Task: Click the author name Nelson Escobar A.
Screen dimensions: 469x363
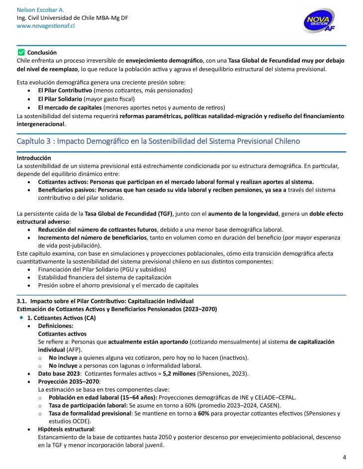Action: pyautogui.click(x=40, y=10)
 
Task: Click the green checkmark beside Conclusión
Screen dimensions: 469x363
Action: pyautogui.click(x=20, y=52)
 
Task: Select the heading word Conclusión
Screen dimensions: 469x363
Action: pyautogui.click(x=42, y=52)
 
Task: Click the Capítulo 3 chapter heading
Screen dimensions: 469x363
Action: pyautogui.click(x=158, y=141)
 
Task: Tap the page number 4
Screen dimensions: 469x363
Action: pyautogui.click(x=344, y=457)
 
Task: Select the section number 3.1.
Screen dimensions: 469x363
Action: pyautogui.click(x=22, y=301)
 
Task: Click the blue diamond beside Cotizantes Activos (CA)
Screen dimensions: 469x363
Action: pyautogui.click(x=21, y=317)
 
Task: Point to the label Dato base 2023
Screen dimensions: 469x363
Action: pyautogui.click(x=59, y=373)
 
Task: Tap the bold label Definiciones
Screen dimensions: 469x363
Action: pyautogui.click(x=55, y=326)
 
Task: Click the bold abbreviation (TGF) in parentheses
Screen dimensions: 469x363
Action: pyautogui.click(x=164, y=214)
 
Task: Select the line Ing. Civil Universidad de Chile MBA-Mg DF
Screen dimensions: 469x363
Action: pyautogui.click(x=72, y=18)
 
